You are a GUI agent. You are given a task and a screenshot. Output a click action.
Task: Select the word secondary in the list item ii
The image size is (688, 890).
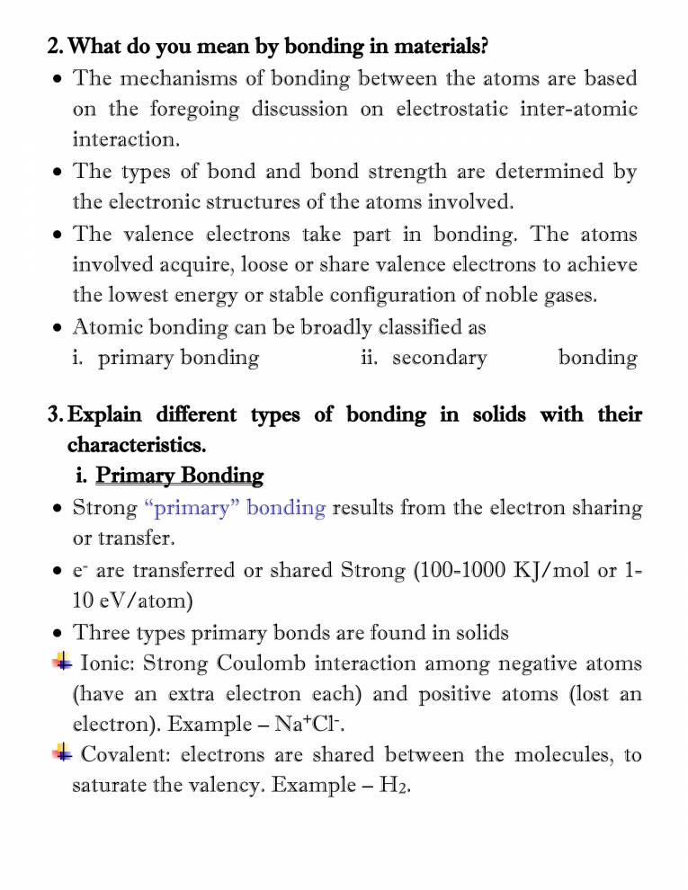point(439,358)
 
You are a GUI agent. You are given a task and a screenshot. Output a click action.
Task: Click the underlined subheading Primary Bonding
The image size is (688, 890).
point(179,475)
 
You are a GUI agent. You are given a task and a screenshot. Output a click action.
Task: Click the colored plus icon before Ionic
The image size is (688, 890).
point(61,663)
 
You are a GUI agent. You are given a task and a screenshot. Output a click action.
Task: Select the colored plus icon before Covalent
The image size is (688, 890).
point(61,753)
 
